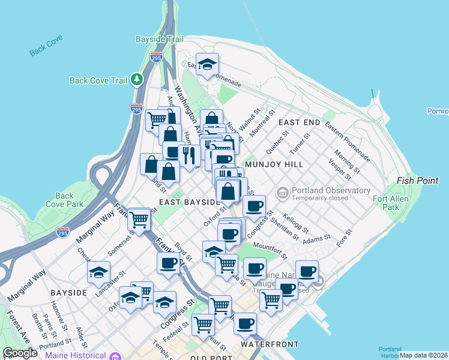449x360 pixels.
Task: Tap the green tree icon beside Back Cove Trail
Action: click(x=137, y=79)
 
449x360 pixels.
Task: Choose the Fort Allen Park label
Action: click(x=391, y=203)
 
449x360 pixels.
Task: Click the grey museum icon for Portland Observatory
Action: click(x=282, y=192)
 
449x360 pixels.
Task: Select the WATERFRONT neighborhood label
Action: click(x=270, y=344)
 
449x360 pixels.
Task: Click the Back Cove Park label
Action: click(x=64, y=200)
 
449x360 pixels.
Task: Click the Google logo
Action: click(x=20, y=353)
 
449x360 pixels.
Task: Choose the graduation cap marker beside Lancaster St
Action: click(x=98, y=272)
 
